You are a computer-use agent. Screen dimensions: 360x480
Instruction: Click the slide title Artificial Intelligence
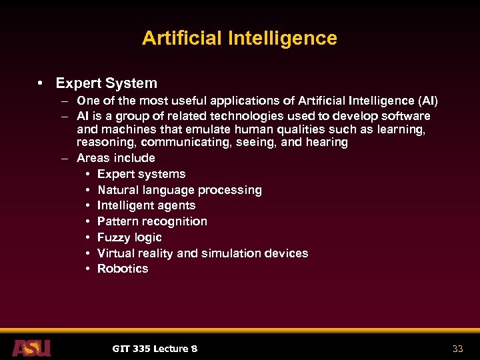pos(239,38)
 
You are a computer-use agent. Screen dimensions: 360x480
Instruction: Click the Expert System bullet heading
pos(107,83)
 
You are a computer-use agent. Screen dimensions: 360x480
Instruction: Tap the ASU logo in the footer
pos(31,347)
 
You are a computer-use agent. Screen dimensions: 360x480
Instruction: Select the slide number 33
pos(457,349)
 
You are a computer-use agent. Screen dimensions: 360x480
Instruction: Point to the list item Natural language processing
pos(179,190)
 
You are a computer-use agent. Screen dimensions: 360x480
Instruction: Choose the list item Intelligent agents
pos(146,205)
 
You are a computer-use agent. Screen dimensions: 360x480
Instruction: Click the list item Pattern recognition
pos(152,221)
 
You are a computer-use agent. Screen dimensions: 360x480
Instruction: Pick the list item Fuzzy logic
pos(129,237)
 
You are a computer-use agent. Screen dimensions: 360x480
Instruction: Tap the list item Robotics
pos(123,269)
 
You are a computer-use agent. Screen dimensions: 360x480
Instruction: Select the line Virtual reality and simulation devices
pos(203,253)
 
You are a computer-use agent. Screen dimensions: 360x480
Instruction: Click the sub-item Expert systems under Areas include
pos(141,174)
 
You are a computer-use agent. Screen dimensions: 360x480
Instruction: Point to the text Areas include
pos(116,158)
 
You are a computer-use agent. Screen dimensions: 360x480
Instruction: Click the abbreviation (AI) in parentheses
pos(427,101)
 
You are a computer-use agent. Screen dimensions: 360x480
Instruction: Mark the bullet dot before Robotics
pos(88,269)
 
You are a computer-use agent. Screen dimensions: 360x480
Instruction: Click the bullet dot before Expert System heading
pos(41,83)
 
